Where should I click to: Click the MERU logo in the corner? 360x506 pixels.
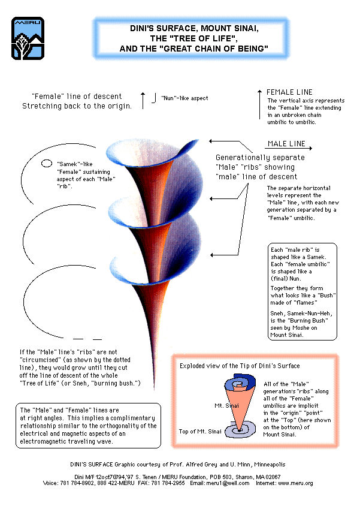click(27, 38)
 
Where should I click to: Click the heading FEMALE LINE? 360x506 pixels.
click(289, 92)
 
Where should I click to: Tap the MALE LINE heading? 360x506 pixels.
click(286, 144)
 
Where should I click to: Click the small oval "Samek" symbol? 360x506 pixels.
click(46, 162)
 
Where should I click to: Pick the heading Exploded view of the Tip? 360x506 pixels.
click(240, 365)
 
